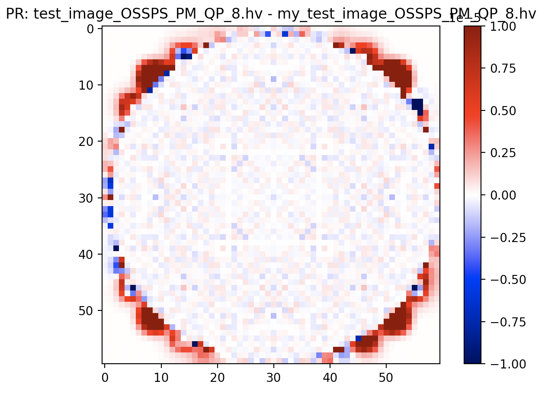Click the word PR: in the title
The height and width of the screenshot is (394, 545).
point(17,15)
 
